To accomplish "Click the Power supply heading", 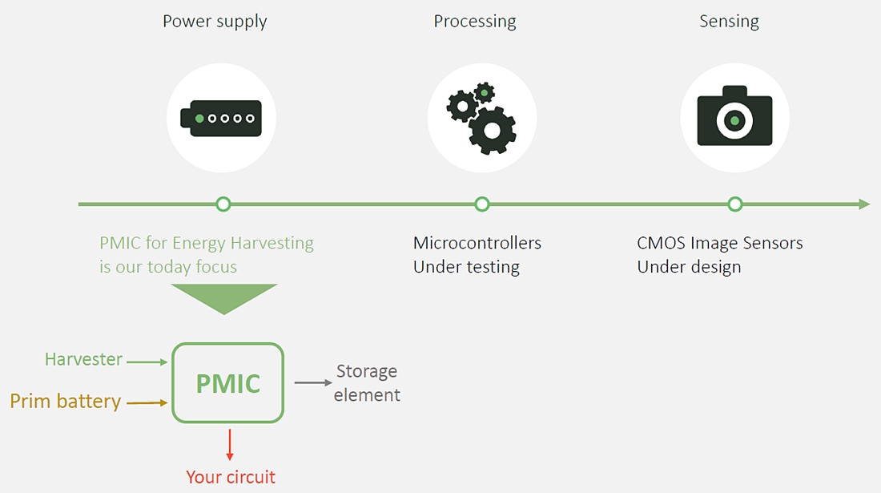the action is pyautogui.click(x=215, y=22).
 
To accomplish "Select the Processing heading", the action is pyautogui.click(x=475, y=22).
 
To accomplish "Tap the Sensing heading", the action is pyautogui.click(x=729, y=22).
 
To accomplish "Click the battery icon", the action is pyautogui.click(x=221, y=119).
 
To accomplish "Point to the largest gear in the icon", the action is pyautogui.click(x=493, y=131).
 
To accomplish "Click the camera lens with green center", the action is pyautogui.click(x=734, y=120).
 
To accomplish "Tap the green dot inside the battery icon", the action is pyautogui.click(x=199, y=119).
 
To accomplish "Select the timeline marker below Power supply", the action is pyautogui.click(x=223, y=204).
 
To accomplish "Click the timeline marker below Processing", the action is pyautogui.click(x=481, y=204).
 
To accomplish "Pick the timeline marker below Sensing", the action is pyautogui.click(x=735, y=204).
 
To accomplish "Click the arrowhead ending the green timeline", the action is pyautogui.click(x=865, y=204).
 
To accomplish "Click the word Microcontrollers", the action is pyautogui.click(x=477, y=243).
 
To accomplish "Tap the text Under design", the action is pyautogui.click(x=689, y=267).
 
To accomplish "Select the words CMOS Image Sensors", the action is pyautogui.click(x=720, y=243).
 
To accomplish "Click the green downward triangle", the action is pyautogui.click(x=223, y=297).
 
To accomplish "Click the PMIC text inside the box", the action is pyautogui.click(x=228, y=384).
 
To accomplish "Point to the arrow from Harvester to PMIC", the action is pyautogui.click(x=147, y=362).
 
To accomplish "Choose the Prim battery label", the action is pyautogui.click(x=65, y=402).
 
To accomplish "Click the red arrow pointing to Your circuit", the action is pyautogui.click(x=229, y=445).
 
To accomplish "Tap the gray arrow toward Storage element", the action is pyautogui.click(x=313, y=383).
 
